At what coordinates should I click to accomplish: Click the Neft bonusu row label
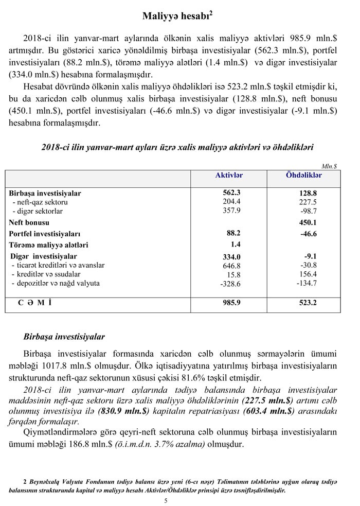click(x=29, y=223)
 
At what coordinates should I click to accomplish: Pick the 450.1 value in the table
click(x=308, y=223)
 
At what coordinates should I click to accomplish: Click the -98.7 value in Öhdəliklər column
click(x=309, y=212)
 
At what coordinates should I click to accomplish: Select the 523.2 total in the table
click(x=308, y=303)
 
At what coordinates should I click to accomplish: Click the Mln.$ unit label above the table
click(x=329, y=166)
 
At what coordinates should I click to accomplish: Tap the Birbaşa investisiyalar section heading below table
click(x=64, y=337)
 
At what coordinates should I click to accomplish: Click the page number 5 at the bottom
click(x=180, y=500)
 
